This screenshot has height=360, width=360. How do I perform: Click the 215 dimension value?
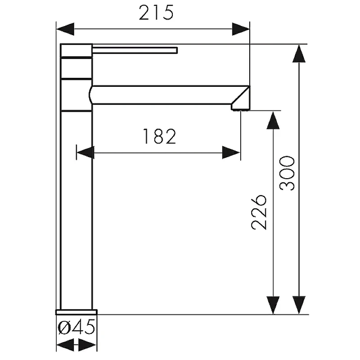[x=156, y=13]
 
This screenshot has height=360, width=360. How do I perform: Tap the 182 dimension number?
[x=159, y=136]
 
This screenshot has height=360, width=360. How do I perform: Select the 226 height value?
[x=259, y=212]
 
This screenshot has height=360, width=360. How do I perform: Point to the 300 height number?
[x=287, y=173]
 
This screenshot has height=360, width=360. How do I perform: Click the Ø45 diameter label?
[x=76, y=327]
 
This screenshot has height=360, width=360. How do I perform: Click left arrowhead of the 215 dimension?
[x=65, y=29]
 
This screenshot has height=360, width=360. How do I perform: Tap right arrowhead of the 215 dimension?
[x=241, y=29]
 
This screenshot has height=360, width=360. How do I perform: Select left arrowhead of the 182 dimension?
[x=85, y=153]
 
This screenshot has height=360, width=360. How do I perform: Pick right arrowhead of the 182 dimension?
[x=231, y=153]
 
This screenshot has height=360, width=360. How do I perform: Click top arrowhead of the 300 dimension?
[x=299, y=54]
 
